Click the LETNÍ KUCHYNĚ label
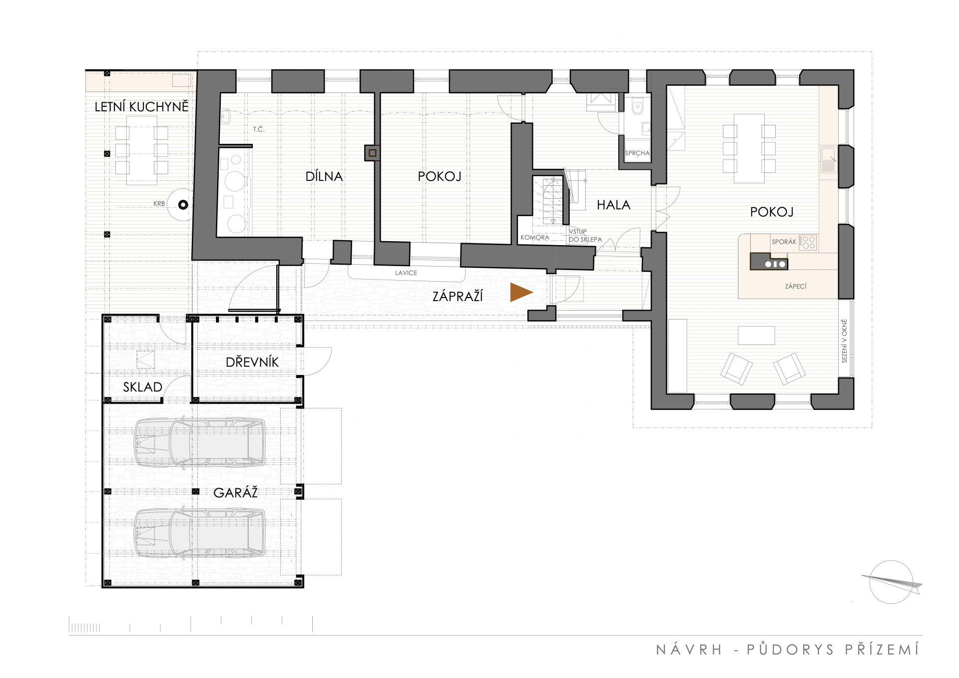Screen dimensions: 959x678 tap(142, 107)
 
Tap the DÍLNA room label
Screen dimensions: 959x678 tap(324, 176)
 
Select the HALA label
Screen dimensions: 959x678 tap(613, 205)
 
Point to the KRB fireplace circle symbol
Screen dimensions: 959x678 tap(183, 204)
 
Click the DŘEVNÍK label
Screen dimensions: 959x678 tap(252, 362)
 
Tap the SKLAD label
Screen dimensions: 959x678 tap(143, 387)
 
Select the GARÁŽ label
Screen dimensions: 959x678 tap(236, 493)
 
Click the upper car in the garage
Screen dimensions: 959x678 tap(200, 442)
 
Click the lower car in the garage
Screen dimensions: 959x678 tap(200, 533)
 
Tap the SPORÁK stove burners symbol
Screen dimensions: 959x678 tap(808, 243)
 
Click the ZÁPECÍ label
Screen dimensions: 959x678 tap(796, 287)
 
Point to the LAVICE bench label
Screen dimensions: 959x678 tap(406, 273)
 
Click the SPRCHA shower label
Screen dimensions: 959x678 tap(637, 153)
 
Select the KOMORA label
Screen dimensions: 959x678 tap(535, 238)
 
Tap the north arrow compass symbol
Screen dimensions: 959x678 tap(892, 582)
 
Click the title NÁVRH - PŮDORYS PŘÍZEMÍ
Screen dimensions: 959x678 tap(788, 650)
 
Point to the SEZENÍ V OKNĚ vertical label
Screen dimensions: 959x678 tap(845, 341)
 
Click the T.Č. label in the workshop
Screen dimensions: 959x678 tap(259, 130)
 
